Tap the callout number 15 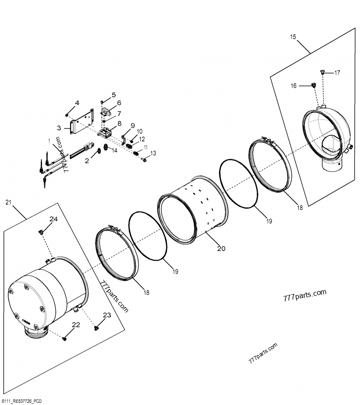pos(293,37)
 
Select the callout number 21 pos(8,203)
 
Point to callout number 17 pos(337,72)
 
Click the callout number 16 pos(293,86)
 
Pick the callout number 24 pos(54,219)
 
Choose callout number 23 pos(106,316)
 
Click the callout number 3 pos(59,128)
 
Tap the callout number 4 pos(77,103)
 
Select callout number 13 pos(153,154)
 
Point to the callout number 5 pos(114,95)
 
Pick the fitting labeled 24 pos(41,231)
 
